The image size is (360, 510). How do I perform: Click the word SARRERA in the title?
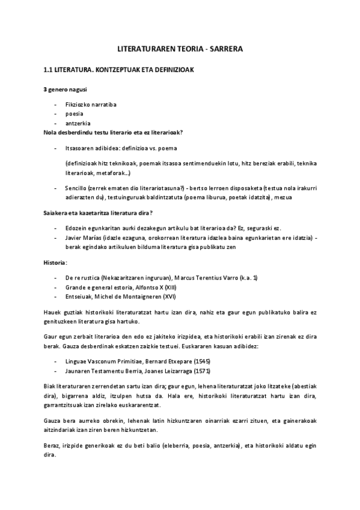click(226, 51)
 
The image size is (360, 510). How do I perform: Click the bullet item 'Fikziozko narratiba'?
click(91, 104)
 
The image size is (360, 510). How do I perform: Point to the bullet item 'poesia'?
click(74, 113)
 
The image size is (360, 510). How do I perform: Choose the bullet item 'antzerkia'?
click(78, 122)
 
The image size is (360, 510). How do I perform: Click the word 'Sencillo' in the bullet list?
click(77, 188)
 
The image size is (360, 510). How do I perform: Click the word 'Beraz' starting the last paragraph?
click(52, 446)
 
